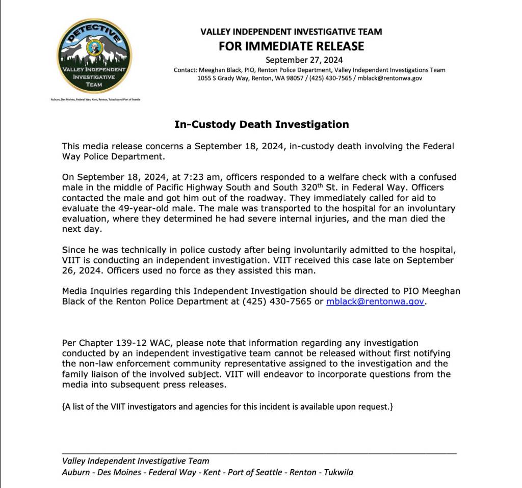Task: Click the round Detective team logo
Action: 94,56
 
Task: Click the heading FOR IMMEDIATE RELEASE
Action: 291,46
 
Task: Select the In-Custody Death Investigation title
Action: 262,124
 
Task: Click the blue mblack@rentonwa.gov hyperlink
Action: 375,301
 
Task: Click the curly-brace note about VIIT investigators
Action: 227,407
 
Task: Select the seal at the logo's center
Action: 94,48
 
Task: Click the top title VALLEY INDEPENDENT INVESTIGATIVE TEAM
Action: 291,32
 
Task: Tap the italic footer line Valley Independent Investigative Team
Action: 136,461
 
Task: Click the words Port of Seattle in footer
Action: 254,472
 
